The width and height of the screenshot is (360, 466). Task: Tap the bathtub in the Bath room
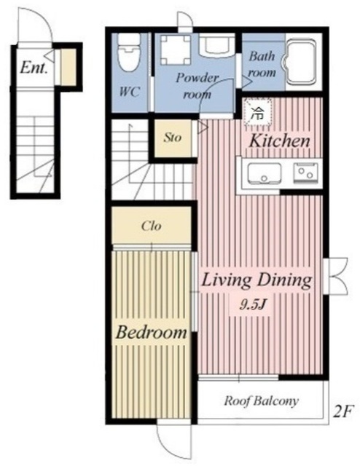(x=300, y=61)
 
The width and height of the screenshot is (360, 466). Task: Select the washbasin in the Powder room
(x=216, y=45)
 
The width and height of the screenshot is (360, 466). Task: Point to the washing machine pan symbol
(x=175, y=50)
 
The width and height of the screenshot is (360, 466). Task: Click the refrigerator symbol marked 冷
(x=257, y=112)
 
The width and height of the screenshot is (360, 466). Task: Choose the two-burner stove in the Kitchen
(x=305, y=173)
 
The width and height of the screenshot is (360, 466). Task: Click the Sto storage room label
(x=172, y=138)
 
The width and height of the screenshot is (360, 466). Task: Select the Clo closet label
(x=152, y=226)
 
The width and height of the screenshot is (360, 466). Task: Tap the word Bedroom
(x=151, y=332)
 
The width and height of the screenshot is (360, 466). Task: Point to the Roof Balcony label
(x=261, y=401)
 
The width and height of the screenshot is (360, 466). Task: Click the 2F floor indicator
(x=343, y=412)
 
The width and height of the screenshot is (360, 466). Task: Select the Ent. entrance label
(x=34, y=68)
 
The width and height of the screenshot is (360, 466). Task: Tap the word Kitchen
(x=279, y=141)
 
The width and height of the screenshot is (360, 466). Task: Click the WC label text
(x=130, y=92)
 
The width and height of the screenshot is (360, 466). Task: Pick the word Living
(x=226, y=280)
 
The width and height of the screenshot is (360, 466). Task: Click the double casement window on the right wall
(x=335, y=277)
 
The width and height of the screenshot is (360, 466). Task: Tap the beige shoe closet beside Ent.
(x=68, y=66)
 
